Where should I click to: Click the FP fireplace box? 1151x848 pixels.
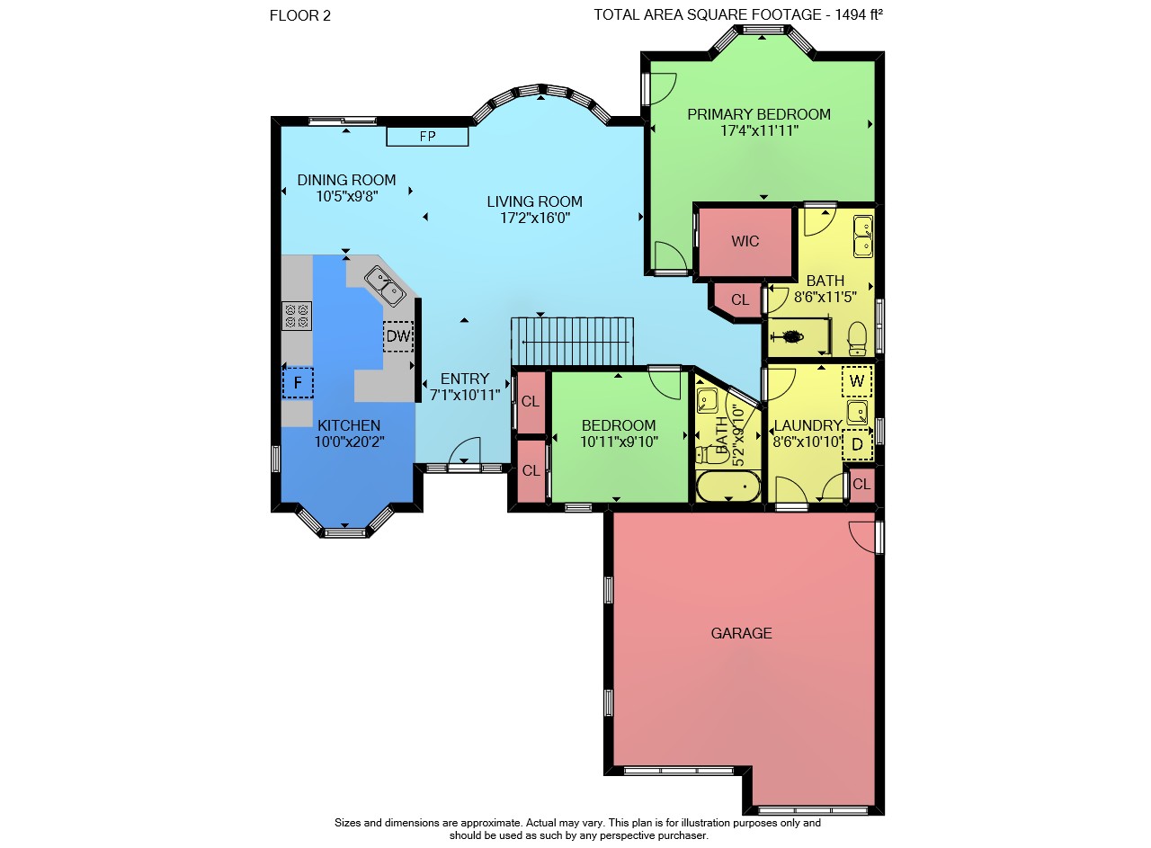coord(427,137)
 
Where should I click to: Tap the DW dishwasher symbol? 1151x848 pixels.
coord(398,336)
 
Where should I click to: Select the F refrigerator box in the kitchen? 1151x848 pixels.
coord(298,383)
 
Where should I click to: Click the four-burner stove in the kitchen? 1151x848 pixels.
coord(297,316)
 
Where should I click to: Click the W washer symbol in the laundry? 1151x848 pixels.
coord(857,381)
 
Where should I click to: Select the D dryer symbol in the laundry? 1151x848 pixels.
coord(857,444)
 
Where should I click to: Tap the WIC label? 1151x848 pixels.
coord(745,241)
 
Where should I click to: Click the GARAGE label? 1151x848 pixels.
coord(741,633)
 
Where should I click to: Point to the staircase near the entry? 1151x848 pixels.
coord(572,342)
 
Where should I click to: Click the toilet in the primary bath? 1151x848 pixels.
coord(857,338)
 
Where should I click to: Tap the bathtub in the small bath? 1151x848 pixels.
coord(728,486)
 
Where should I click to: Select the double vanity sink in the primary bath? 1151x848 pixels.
coord(863,237)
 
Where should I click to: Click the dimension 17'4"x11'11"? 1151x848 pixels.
coord(759,130)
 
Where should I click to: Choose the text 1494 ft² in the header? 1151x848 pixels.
coord(859,15)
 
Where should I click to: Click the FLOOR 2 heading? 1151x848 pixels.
coord(300,16)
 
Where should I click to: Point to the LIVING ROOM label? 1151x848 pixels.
coord(534,201)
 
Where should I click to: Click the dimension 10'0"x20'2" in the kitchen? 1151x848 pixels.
coord(349,442)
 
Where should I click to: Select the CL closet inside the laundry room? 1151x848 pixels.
coord(861,484)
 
